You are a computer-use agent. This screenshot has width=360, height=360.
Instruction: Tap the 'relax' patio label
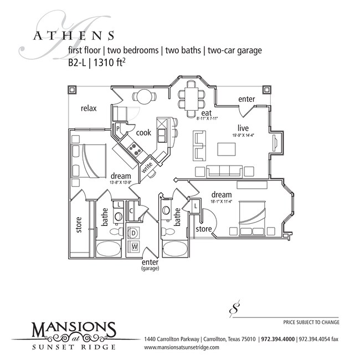pos(88,108)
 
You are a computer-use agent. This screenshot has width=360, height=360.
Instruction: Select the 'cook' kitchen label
pos(143,132)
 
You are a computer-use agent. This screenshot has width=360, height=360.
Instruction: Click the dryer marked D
pos(133,233)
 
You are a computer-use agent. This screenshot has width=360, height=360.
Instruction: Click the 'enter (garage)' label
pos(150,265)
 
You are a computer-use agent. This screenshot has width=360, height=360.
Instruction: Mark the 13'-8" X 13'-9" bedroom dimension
pos(121,181)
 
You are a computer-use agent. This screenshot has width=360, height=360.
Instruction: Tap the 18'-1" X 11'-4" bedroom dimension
pos(221,202)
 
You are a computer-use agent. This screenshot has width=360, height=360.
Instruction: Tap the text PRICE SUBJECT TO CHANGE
pos(311,322)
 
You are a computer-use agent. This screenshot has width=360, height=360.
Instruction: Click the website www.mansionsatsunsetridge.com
pos(181,347)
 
